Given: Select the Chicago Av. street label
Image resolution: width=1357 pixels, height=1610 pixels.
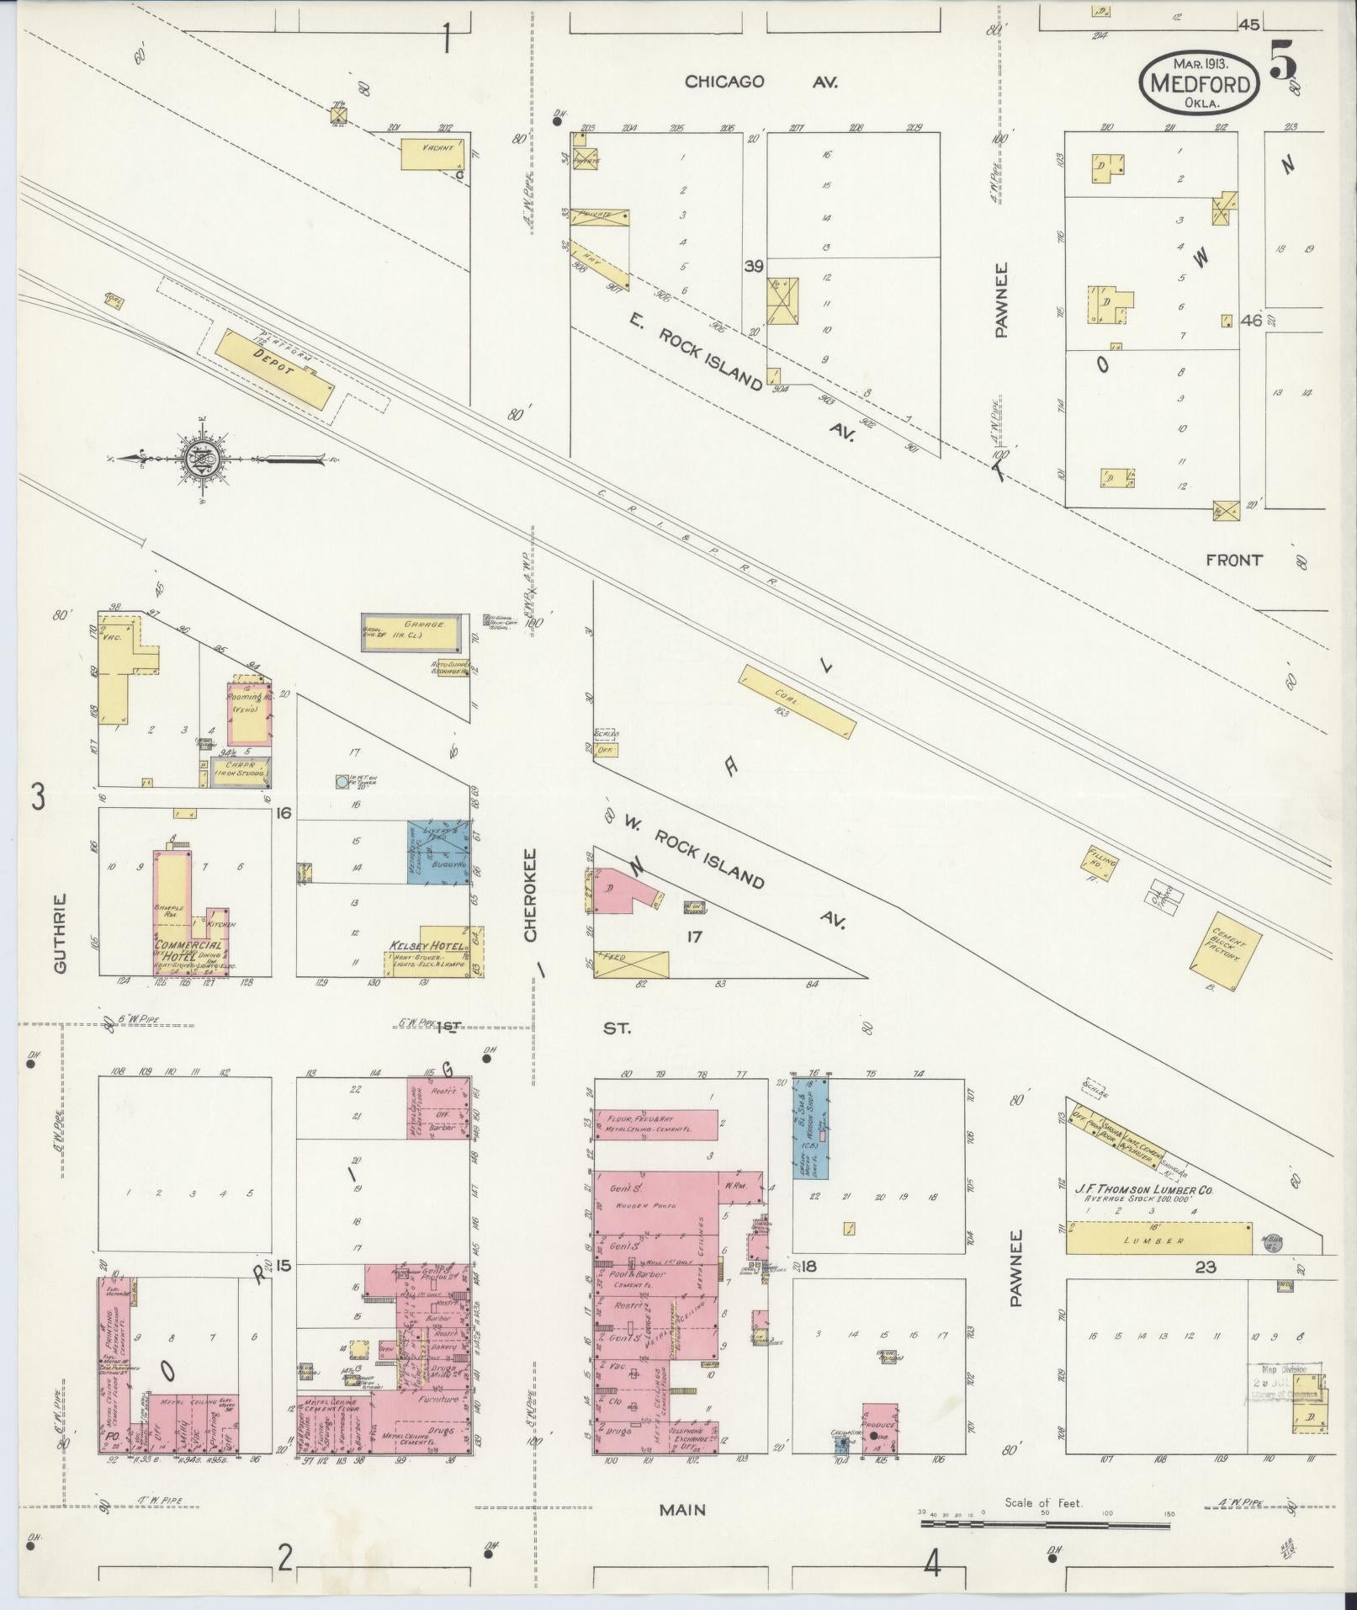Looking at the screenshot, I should click(760, 82).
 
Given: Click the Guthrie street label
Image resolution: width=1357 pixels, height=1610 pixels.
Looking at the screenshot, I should click(61, 933).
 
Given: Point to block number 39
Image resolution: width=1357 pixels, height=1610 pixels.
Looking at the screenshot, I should click(753, 267).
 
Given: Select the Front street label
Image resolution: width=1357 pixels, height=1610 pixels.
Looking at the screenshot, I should click(1233, 559).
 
